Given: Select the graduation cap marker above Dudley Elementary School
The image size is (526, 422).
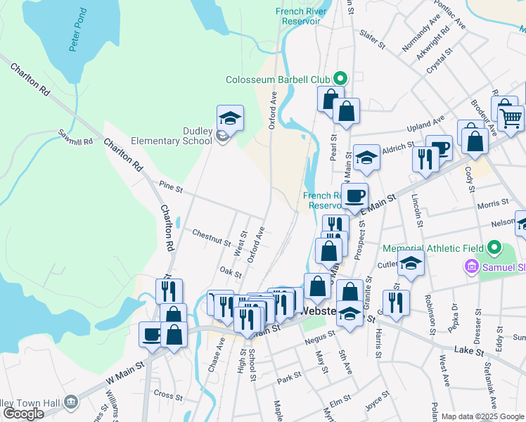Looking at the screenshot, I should (x=229, y=117).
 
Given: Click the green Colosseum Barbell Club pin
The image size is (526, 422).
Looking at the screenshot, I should (x=341, y=79).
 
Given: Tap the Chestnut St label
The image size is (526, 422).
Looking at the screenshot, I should (x=211, y=237).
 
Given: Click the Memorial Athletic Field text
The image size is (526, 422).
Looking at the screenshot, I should (x=433, y=248).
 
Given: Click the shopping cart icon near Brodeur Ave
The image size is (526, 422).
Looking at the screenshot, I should (x=511, y=117).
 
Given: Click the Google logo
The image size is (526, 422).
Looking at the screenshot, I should (x=23, y=414).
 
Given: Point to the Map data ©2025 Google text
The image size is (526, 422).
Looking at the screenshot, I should (x=482, y=416).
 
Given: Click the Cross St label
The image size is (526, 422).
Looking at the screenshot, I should (x=167, y=395).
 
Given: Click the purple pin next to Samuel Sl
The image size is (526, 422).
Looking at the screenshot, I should (x=470, y=267).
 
